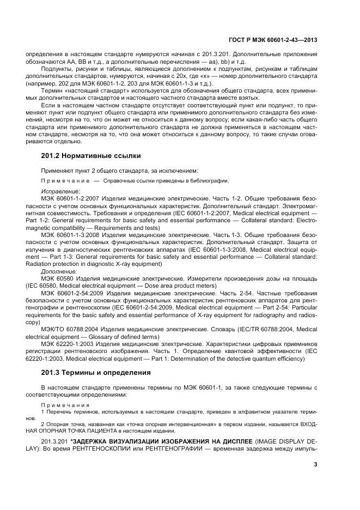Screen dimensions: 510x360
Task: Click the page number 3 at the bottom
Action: pyautogui.click(x=316, y=464)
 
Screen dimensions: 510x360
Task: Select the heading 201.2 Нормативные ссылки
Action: pyautogui.click(x=84, y=155)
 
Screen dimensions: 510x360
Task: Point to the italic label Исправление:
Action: pyautogui.click(x=60, y=192)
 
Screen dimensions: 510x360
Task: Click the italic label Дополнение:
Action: pyautogui.click(x=59, y=271)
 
